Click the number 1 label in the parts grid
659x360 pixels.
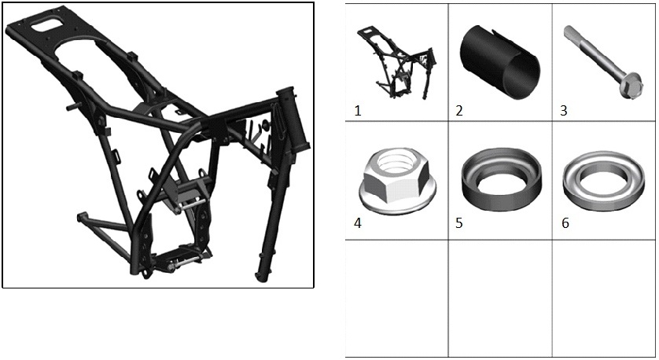(358, 111)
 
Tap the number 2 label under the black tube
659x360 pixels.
(459, 111)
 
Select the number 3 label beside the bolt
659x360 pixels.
(564, 111)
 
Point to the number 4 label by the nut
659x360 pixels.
(358, 223)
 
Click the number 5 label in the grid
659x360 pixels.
(459, 223)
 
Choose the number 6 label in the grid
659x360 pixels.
(565, 223)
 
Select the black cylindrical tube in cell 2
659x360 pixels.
(499, 63)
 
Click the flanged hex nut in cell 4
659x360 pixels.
(396, 180)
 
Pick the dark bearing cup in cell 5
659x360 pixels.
(501, 179)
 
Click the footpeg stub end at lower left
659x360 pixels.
(81, 217)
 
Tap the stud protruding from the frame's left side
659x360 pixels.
(72, 108)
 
